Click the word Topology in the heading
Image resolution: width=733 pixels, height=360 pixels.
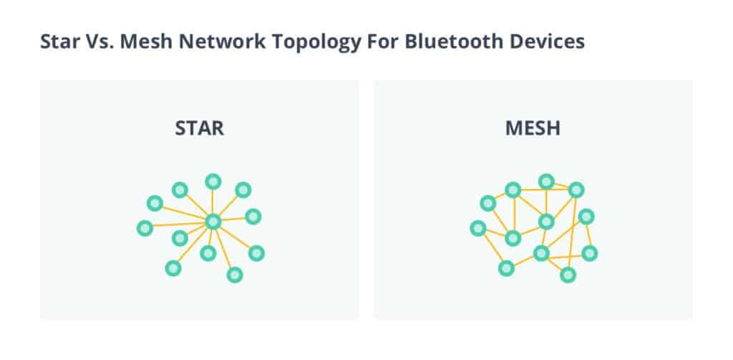click(292, 42)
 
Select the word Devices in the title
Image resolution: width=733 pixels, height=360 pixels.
click(500, 41)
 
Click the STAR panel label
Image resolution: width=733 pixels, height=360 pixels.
click(200, 129)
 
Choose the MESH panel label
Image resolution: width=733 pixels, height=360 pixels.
click(533, 129)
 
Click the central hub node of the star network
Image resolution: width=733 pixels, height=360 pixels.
click(213, 222)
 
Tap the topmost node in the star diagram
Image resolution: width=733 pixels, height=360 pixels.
click(213, 181)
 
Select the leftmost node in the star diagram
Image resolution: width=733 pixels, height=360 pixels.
click(145, 228)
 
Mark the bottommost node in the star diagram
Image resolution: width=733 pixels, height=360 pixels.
click(235, 274)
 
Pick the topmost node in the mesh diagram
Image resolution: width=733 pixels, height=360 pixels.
click(546, 181)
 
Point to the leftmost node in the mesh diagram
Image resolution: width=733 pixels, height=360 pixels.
click(478, 228)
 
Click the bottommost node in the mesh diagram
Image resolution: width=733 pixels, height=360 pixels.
click(568, 274)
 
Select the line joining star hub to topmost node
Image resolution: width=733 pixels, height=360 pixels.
click(213, 202)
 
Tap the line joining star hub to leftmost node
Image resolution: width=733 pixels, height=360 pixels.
click(179, 225)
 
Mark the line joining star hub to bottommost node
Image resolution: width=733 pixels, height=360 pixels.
click(224, 248)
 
